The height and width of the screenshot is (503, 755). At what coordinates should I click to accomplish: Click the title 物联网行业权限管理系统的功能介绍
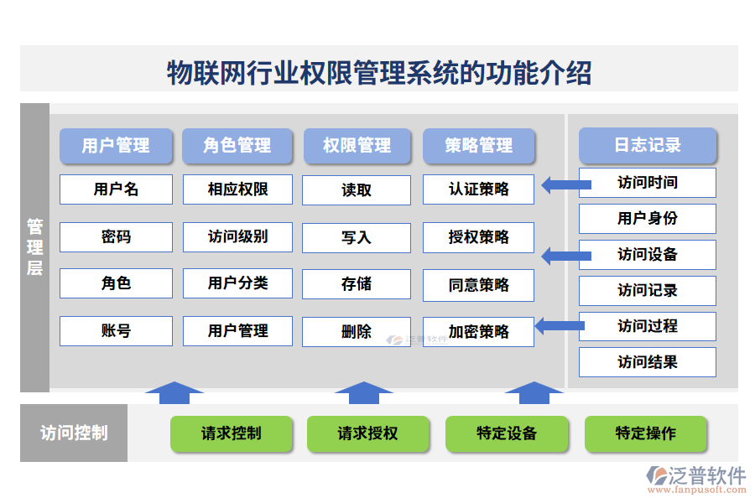(379, 72)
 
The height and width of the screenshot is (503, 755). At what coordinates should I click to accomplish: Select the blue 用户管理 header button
(116, 146)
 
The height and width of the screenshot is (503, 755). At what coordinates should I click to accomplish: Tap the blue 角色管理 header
(237, 146)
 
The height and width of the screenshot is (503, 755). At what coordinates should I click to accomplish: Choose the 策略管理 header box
(478, 146)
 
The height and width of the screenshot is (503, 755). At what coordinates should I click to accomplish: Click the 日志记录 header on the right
(647, 145)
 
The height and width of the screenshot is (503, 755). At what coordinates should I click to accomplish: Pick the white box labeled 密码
(116, 237)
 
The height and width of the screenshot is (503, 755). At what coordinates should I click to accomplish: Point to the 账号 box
(116, 331)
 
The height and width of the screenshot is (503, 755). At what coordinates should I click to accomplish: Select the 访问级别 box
(237, 237)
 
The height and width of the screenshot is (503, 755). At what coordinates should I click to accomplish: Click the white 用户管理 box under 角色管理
(237, 331)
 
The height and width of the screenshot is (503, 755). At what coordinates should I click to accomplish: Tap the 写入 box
(357, 238)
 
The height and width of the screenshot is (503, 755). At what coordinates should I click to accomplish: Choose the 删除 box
(357, 332)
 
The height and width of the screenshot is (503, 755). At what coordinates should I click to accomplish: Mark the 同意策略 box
(478, 285)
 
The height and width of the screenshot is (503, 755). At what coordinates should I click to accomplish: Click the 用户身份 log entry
(647, 219)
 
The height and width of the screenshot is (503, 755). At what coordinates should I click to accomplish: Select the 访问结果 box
(647, 362)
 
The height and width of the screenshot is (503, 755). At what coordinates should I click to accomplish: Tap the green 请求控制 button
(232, 433)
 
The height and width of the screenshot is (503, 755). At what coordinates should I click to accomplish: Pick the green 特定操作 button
(645, 433)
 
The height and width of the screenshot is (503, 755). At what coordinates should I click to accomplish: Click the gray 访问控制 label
(74, 433)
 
